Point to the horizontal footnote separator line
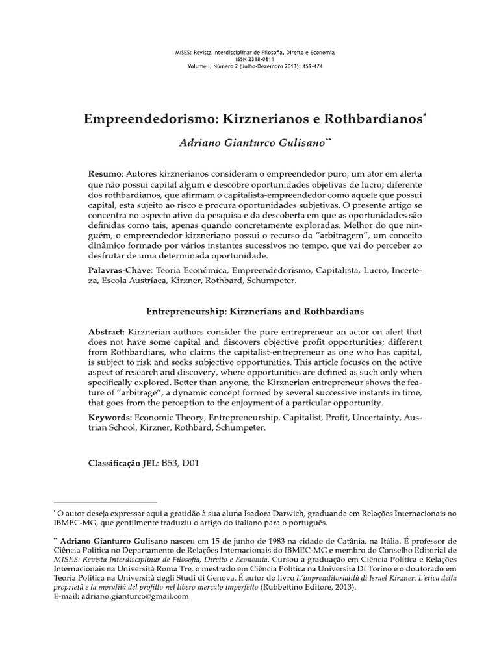[105, 503]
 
